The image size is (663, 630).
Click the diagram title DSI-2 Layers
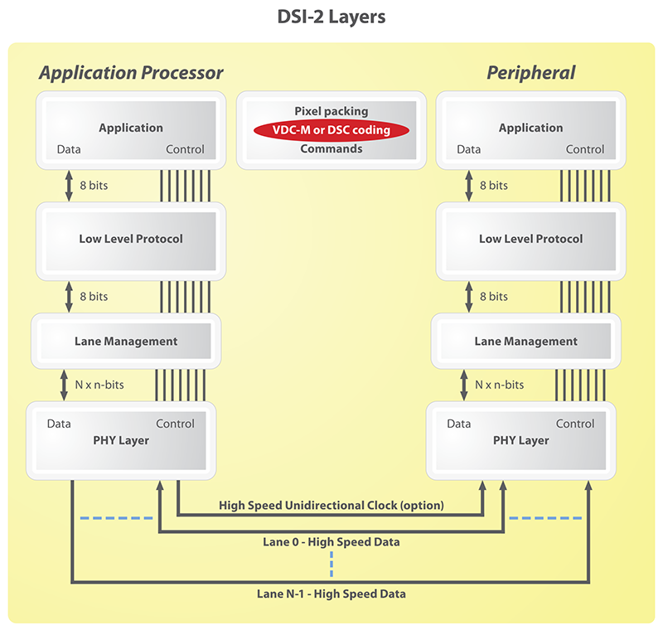point(331,17)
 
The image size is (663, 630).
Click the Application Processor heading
point(131,73)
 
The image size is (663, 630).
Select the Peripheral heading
point(530,73)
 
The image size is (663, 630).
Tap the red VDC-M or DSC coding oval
point(331,130)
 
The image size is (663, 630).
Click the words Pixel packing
point(331,111)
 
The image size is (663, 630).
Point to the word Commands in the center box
point(331,149)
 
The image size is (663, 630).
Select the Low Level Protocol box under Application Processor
point(131,239)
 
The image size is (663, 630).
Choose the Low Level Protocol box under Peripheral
point(530,239)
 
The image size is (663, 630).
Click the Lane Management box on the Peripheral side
point(526,341)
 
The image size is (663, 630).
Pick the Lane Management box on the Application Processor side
point(126,341)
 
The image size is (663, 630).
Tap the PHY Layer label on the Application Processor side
point(121,440)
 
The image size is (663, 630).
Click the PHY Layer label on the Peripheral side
point(521,440)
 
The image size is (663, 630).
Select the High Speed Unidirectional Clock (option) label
point(331,505)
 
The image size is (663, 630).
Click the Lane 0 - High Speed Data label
point(331,542)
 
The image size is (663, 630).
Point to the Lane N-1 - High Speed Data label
point(331,594)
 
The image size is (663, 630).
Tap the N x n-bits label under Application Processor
point(102,385)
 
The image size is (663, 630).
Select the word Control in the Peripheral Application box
point(585,149)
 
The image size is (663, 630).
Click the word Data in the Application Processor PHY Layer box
point(59,424)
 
